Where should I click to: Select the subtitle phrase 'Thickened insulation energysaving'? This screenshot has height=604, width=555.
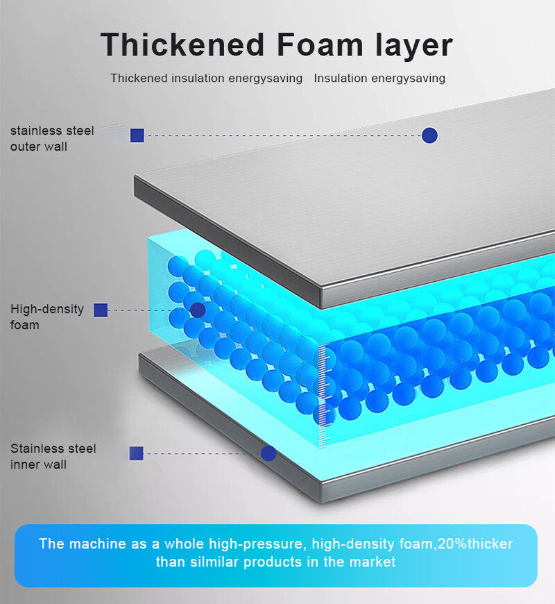tap(206, 78)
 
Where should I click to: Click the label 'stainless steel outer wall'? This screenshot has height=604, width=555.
tap(51, 138)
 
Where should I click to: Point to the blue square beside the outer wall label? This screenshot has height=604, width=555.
tap(137, 135)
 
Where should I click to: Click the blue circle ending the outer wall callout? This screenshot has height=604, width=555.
tap(429, 135)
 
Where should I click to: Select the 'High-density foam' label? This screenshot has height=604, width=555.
tap(46, 317)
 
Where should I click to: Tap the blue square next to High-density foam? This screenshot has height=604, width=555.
tap(101, 310)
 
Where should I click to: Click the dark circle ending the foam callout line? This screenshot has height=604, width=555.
tap(198, 310)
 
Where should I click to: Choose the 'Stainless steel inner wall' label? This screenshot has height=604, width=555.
tap(53, 456)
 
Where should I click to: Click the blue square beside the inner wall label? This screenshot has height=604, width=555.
tap(136, 453)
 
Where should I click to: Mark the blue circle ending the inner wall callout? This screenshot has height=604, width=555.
tap(268, 453)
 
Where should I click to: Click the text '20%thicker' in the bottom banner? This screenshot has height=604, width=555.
tap(479, 544)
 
